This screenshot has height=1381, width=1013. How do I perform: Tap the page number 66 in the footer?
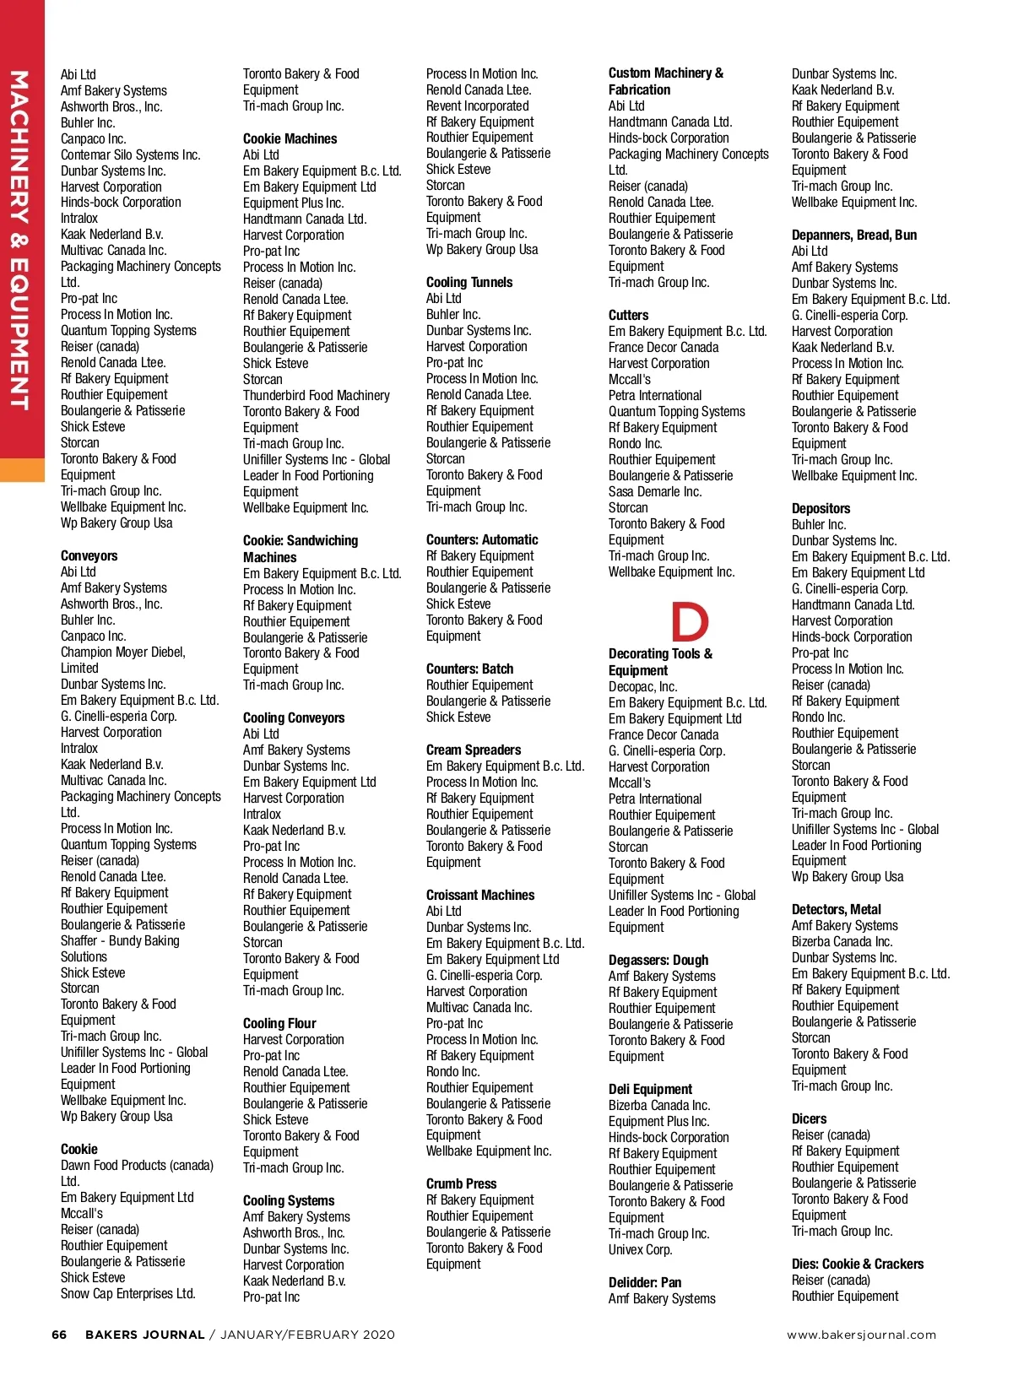click(59, 1335)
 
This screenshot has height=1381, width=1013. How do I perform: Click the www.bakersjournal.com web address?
click(861, 1335)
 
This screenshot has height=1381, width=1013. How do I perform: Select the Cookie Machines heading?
click(290, 138)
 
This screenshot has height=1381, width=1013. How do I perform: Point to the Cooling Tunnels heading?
click(469, 282)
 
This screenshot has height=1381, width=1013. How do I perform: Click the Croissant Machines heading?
click(479, 895)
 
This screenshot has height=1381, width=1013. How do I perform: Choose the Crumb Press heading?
click(461, 1183)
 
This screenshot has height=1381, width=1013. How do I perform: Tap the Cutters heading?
click(628, 315)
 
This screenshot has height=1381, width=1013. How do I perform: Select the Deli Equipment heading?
click(650, 1089)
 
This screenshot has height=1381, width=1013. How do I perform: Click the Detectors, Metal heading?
click(836, 909)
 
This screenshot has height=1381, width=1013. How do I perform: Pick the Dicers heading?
click(809, 1118)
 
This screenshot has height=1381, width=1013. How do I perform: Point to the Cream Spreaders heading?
click(473, 750)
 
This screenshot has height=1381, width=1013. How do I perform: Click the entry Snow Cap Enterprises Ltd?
click(127, 1293)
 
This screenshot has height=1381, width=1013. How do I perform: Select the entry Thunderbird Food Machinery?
click(316, 395)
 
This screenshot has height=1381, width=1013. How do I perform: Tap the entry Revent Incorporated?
click(477, 106)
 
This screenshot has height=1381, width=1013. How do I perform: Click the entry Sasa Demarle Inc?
click(654, 491)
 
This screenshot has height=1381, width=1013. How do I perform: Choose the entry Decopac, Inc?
click(642, 686)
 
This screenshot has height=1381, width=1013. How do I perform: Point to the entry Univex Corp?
click(640, 1249)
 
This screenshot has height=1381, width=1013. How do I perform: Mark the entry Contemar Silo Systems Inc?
click(130, 154)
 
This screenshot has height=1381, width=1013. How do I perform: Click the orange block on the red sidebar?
click(22, 469)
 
